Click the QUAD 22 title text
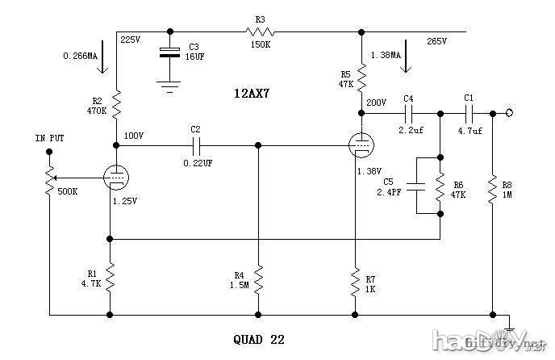coord(259,340)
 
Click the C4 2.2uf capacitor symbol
coord(409,113)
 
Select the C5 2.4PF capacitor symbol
coord(416,186)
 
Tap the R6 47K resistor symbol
coord(440,186)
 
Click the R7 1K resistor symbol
coord(354,282)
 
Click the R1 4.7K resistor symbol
coord(111,279)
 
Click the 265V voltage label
coord(436,40)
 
